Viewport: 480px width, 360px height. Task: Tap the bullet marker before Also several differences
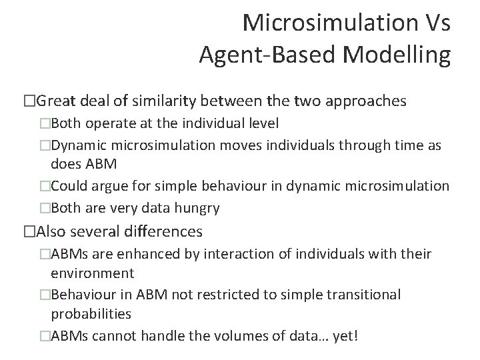coord(28,231)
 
